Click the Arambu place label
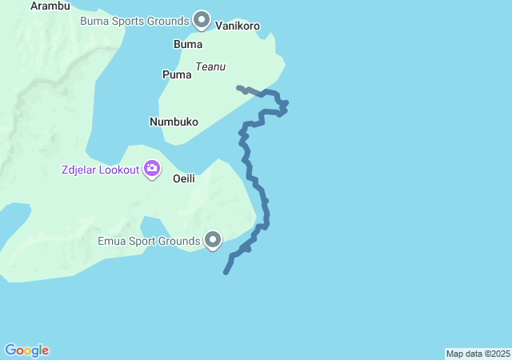click(50, 6)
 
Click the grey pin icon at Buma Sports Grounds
click(202, 19)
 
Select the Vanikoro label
click(238, 26)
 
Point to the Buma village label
click(188, 44)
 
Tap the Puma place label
click(177, 74)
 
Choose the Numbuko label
click(174, 122)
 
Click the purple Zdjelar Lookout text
click(99, 170)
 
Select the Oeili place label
click(184, 178)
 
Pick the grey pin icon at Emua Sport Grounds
click(213, 239)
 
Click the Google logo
click(26, 350)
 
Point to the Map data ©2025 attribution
click(478, 354)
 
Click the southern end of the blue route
click(226, 273)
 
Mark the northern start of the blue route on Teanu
click(239, 87)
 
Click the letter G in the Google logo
click(10, 350)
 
